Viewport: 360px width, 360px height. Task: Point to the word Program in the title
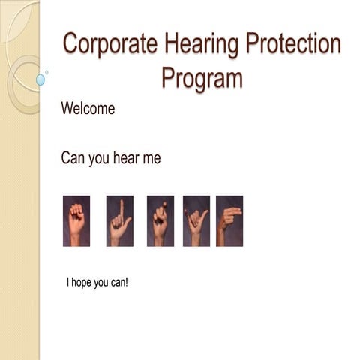(202, 76)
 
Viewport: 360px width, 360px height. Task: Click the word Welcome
(88, 108)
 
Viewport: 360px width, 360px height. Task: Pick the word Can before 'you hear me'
(73, 158)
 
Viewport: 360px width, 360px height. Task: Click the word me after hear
(154, 159)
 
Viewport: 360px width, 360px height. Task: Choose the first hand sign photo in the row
(76, 220)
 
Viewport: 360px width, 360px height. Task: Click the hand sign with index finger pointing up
(119, 220)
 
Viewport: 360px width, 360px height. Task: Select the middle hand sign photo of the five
(160, 220)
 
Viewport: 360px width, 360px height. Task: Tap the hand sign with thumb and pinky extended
(196, 220)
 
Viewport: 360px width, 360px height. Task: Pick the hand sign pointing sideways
(229, 220)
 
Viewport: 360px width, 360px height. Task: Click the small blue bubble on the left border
(40, 79)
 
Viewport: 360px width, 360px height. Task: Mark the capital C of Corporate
(71, 43)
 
